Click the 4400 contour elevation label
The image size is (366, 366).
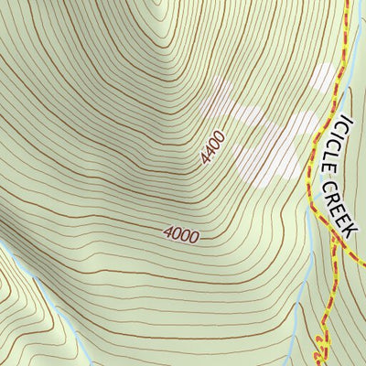point(211,149)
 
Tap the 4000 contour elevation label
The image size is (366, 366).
point(181,234)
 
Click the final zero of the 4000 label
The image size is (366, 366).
point(193,236)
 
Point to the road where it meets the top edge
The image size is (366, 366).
point(348,4)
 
